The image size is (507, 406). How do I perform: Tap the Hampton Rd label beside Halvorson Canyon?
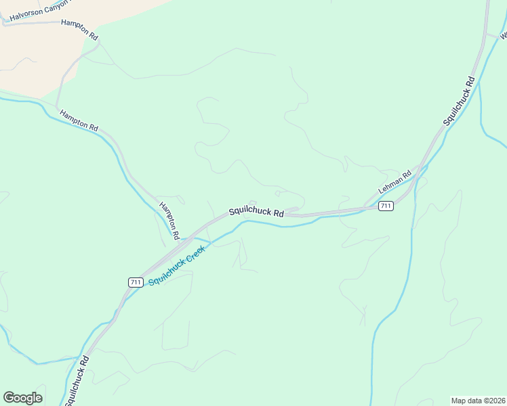coord(79,24)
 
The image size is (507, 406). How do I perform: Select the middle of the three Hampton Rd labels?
coord(79,120)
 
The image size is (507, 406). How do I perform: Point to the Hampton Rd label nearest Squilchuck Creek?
coord(169,220)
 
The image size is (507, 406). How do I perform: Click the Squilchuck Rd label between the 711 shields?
coord(256,211)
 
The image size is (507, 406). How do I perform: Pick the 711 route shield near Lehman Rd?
coord(386,206)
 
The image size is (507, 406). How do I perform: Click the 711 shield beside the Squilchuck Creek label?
coord(135,281)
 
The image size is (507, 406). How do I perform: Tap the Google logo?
coord(22,398)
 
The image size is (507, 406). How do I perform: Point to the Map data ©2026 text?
coord(478,401)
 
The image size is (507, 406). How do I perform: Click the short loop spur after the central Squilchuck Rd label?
coord(293,210)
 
